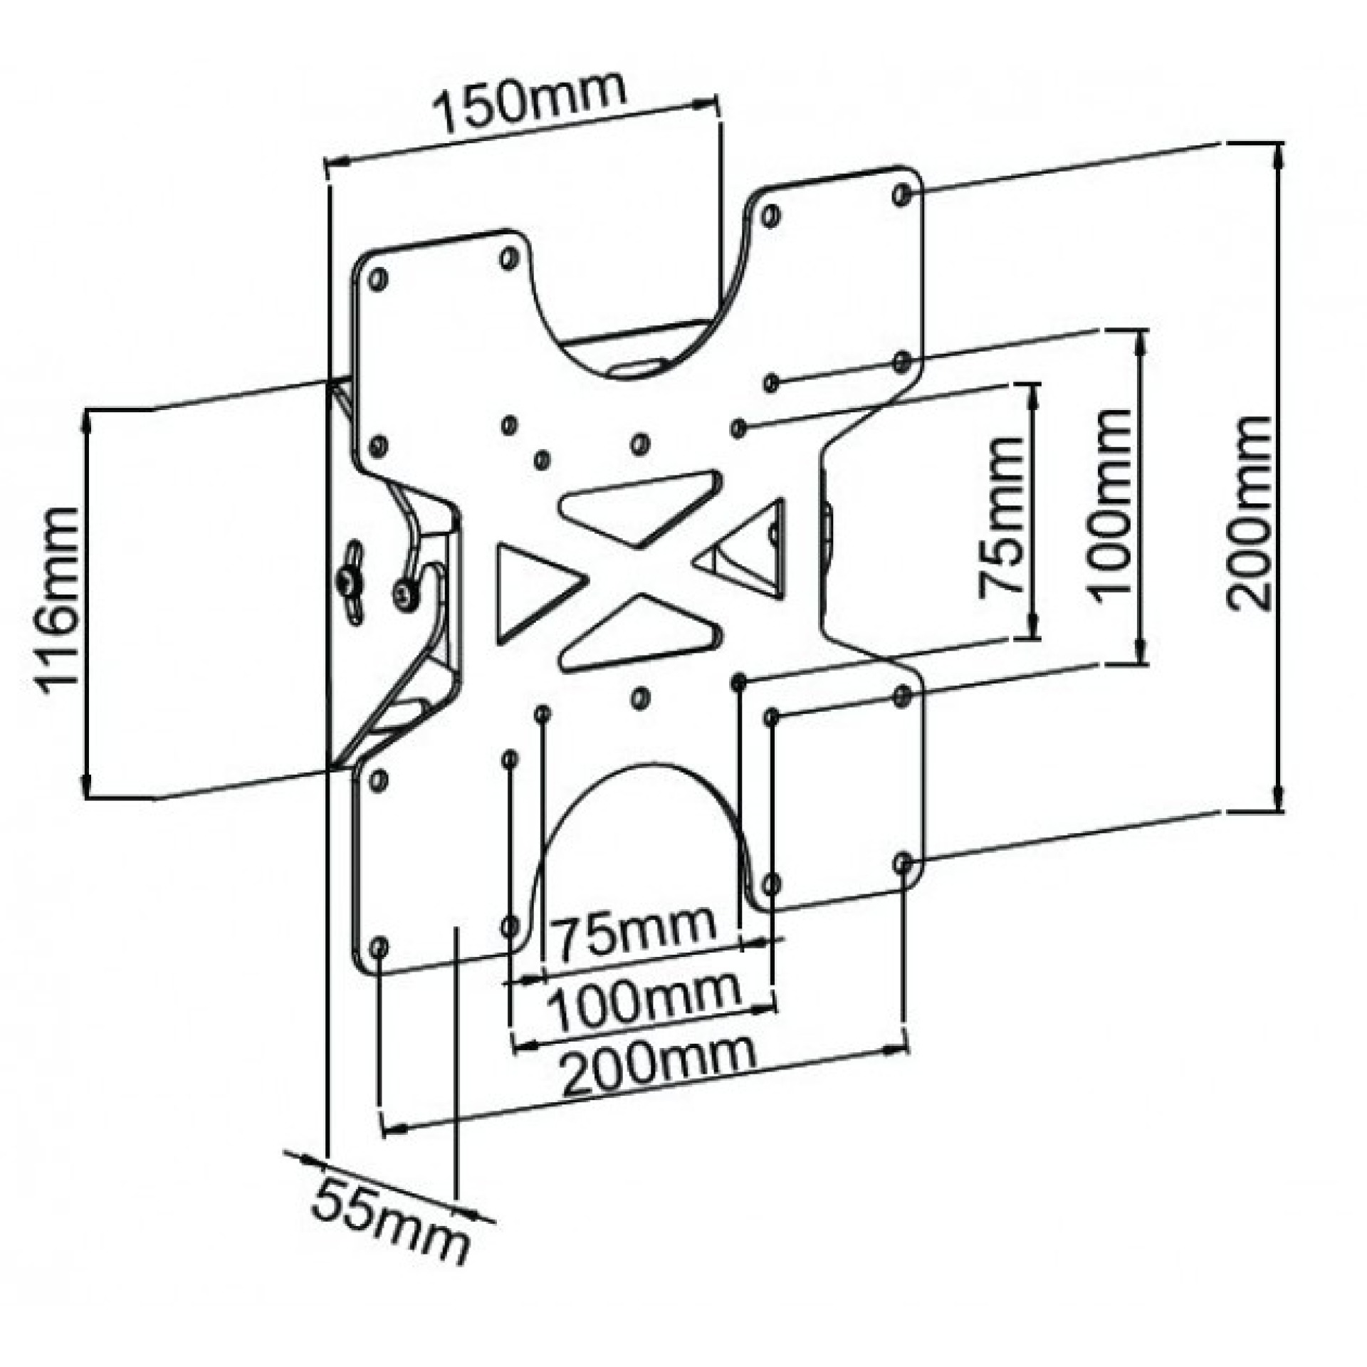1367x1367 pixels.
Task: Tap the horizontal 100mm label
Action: (x=645, y=999)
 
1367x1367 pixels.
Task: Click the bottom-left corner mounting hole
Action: (x=379, y=946)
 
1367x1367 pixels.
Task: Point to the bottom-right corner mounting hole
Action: (x=904, y=864)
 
